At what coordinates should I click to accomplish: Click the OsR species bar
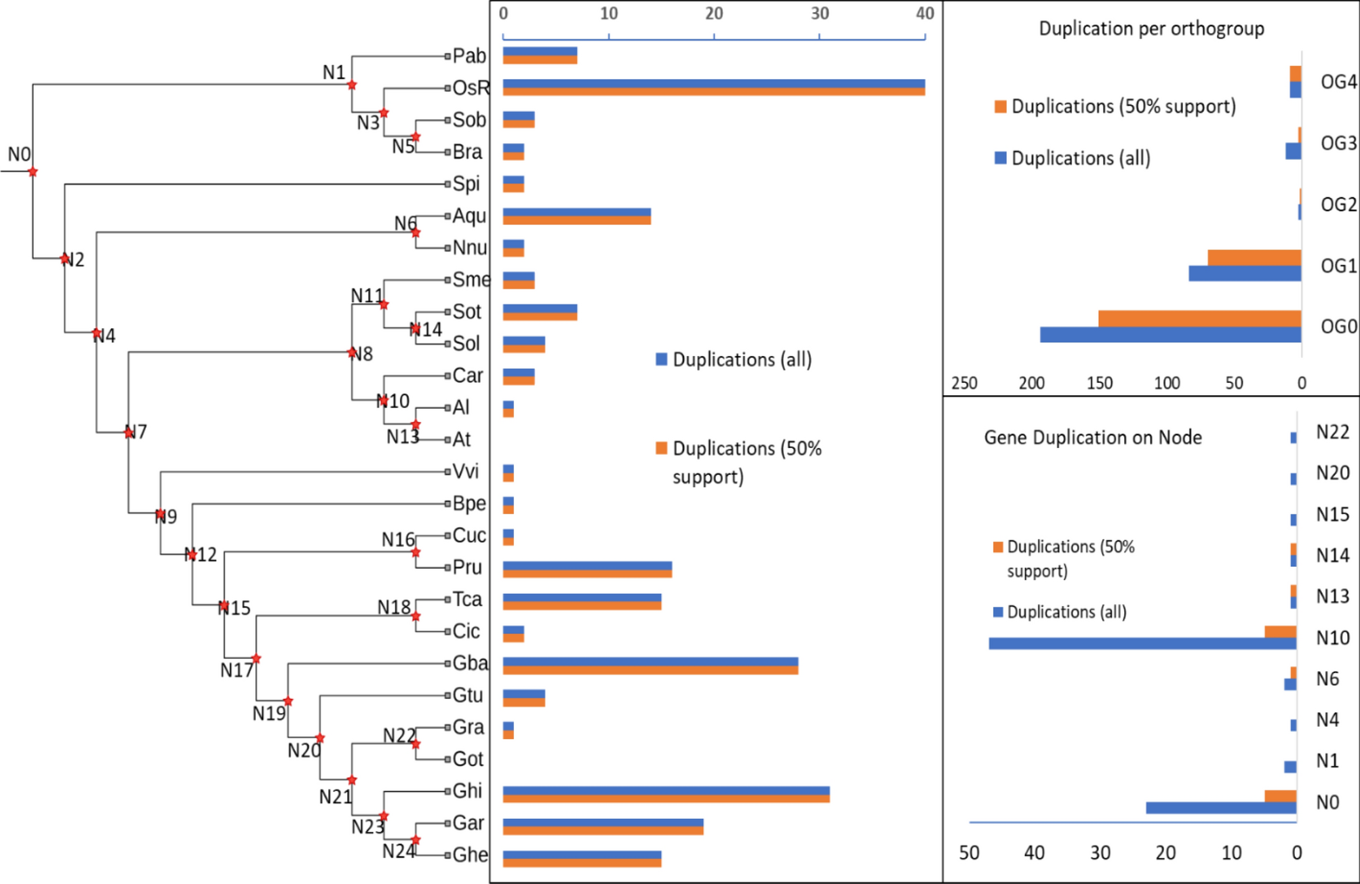pyautogui.click(x=713, y=87)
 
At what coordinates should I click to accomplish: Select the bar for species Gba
pyautogui.click(x=649, y=666)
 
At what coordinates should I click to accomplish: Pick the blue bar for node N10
pyautogui.click(x=1142, y=643)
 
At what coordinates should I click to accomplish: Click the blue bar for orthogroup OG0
pyautogui.click(x=1170, y=335)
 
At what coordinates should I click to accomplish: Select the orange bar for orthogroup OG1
pyautogui.click(x=1254, y=258)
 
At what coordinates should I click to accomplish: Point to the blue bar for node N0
pyautogui.click(x=1220, y=808)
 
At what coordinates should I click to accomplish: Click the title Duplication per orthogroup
pyautogui.click(x=1151, y=28)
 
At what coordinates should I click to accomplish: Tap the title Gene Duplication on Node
pyautogui.click(x=1092, y=437)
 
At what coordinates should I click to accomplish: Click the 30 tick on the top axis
pyautogui.click(x=819, y=14)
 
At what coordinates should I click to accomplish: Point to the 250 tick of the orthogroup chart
pyautogui.click(x=963, y=383)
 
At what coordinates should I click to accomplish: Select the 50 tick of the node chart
pyautogui.click(x=968, y=853)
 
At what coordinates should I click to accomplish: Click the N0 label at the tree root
pyautogui.click(x=19, y=155)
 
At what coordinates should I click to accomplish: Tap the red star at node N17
pyautogui.click(x=256, y=658)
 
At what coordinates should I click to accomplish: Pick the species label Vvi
pyautogui.click(x=465, y=471)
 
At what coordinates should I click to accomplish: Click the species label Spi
pyautogui.click(x=466, y=184)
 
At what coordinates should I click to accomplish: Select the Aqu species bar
pyautogui.click(x=576, y=216)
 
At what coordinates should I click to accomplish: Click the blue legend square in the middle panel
pyautogui.click(x=661, y=359)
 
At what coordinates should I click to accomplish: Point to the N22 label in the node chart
pyautogui.click(x=1332, y=433)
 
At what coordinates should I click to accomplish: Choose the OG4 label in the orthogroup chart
pyautogui.click(x=1338, y=82)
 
